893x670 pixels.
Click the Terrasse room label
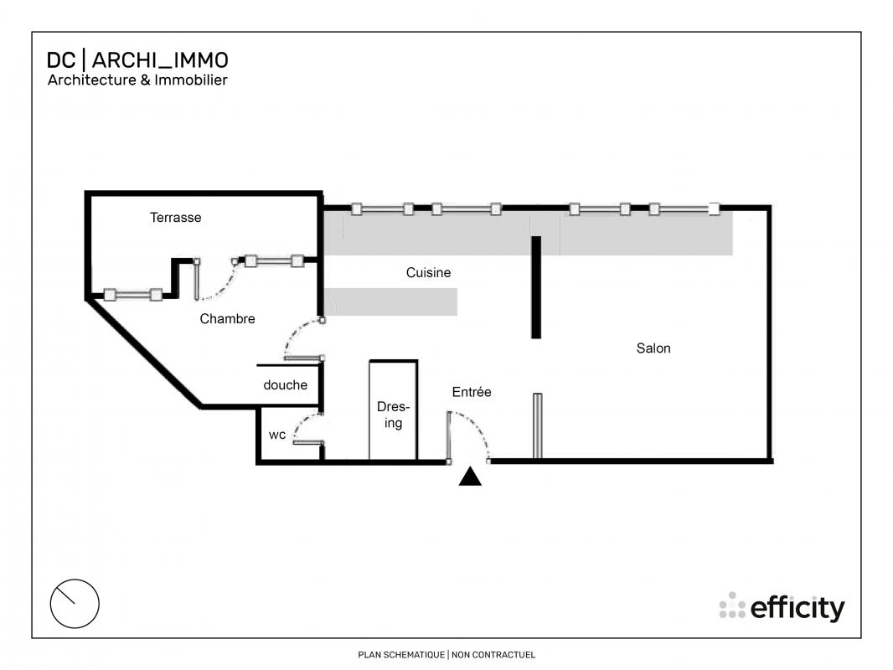[175, 218]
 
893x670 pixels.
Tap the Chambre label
[227, 319]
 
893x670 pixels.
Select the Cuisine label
[428, 273]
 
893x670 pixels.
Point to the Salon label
[653, 348]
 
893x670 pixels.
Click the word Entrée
[472, 392]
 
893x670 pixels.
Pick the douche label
[286, 384]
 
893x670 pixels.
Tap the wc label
[277, 435]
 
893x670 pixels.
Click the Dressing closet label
[393, 415]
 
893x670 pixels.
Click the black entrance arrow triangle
[471, 477]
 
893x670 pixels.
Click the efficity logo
[782, 607]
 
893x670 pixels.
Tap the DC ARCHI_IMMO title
[137, 59]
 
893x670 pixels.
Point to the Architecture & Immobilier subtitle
[137, 80]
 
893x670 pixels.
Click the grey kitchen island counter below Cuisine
[390, 301]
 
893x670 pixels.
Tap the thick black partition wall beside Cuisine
[536, 287]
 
